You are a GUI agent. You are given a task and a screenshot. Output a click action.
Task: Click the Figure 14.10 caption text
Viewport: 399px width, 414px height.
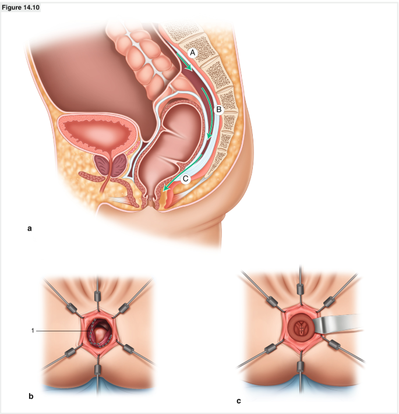pyautogui.click(x=20, y=8)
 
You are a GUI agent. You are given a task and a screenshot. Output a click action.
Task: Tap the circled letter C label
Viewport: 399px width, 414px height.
pyautogui.click(x=185, y=179)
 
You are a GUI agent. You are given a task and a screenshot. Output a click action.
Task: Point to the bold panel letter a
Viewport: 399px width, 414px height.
pyautogui.click(x=30, y=229)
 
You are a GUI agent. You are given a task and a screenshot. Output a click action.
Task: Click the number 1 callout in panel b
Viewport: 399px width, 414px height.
pyautogui.click(x=33, y=331)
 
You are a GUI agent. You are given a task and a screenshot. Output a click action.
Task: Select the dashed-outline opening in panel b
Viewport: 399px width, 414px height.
pyautogui.click(x=100, y=334)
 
